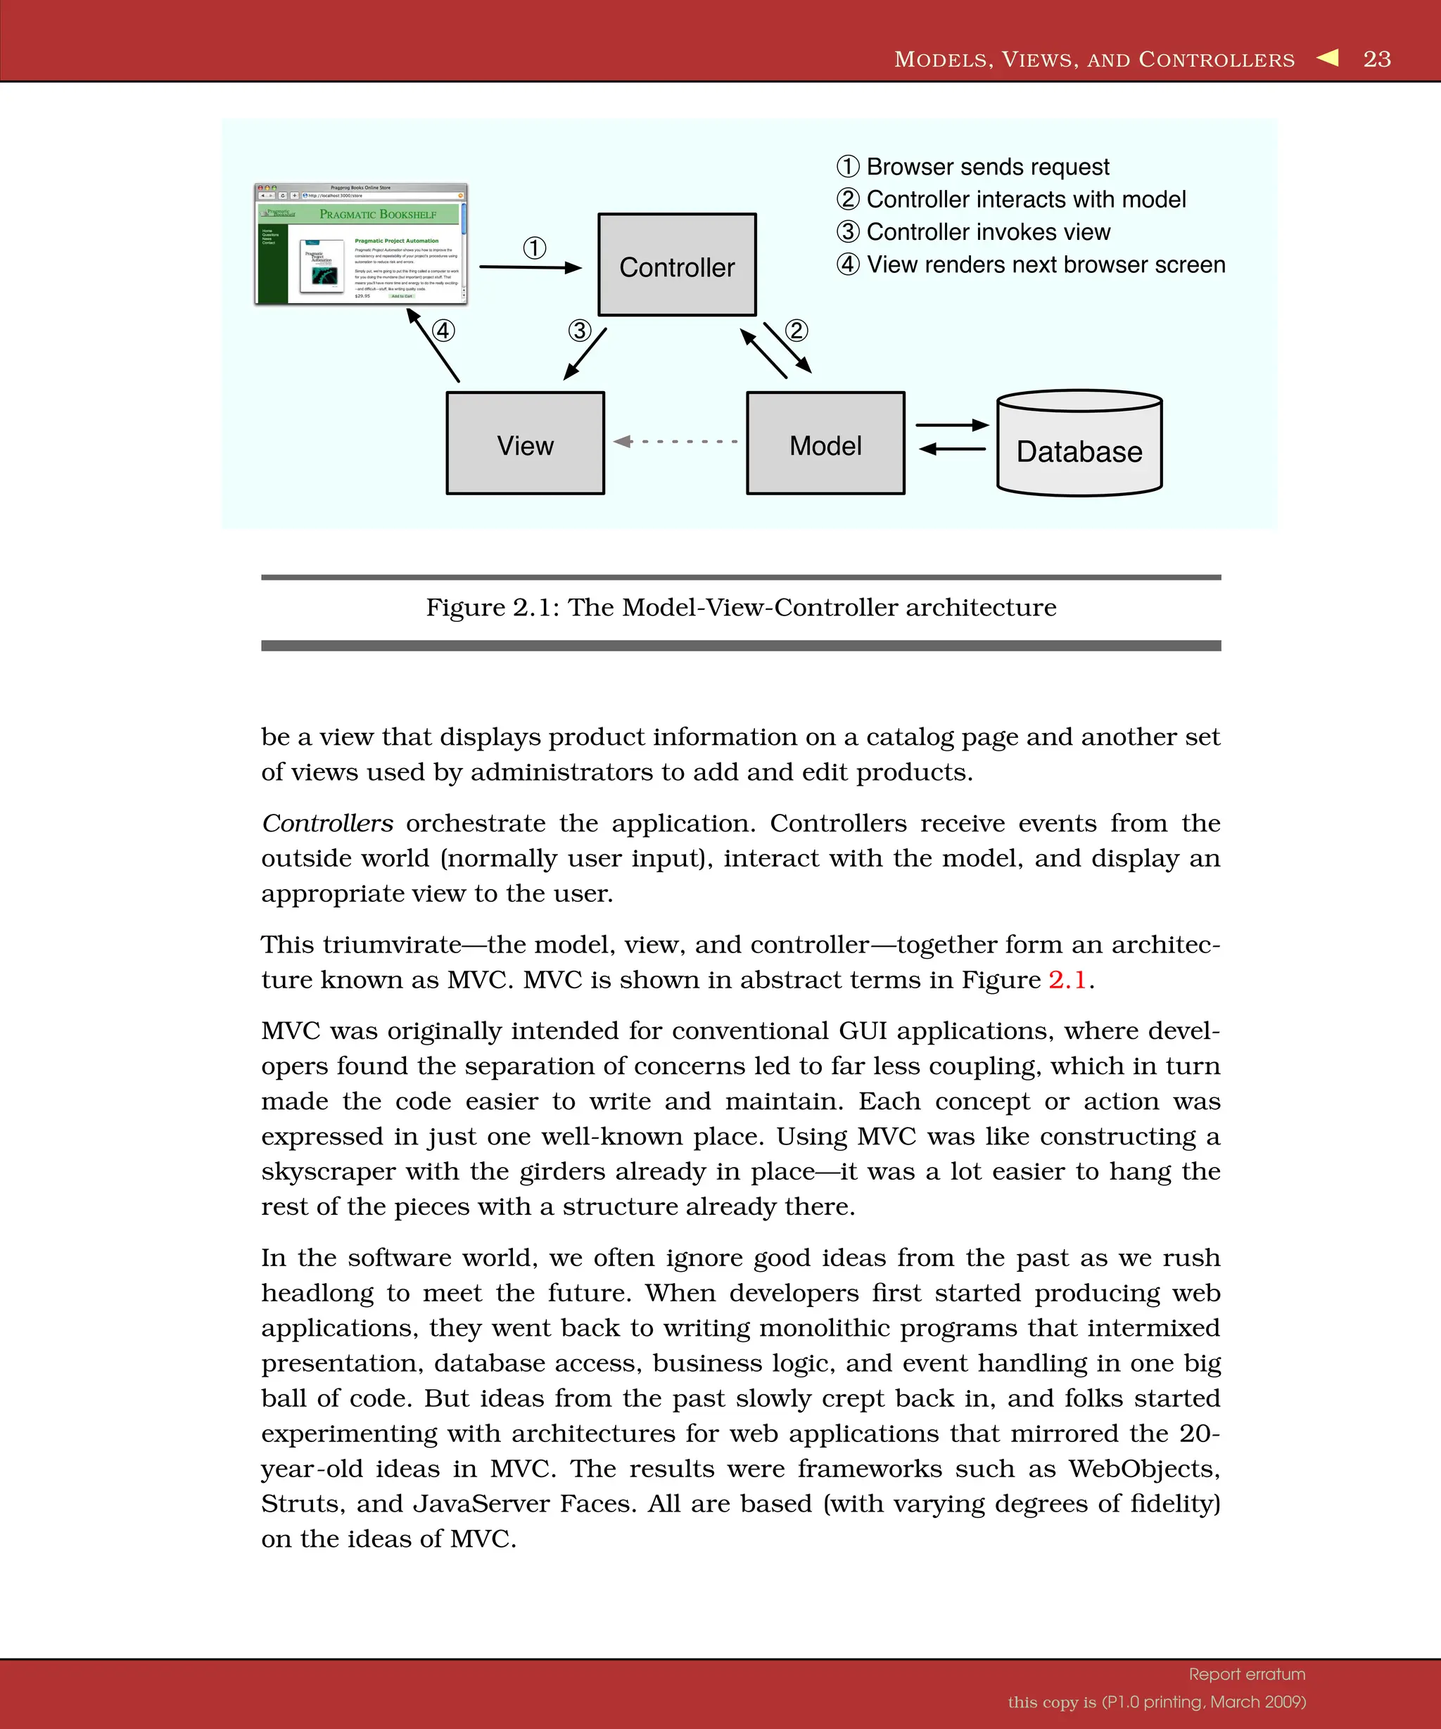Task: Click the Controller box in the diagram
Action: [677, 265]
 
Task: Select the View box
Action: [526, 444]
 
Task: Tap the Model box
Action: [825, 444]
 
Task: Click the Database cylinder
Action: [1079, 445]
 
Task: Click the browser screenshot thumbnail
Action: [361, 245]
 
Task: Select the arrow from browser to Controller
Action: [529, 267]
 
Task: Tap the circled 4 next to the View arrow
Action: [443, 331]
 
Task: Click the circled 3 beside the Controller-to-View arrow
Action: [580, 331]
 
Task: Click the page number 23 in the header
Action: [1377, 59]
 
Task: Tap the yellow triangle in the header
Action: [1328, 58]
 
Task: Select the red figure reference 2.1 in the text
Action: [1067, 980]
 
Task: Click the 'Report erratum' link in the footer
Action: [1247, 1674]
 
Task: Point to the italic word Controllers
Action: [327, 823]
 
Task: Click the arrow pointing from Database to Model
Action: [951, 449]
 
